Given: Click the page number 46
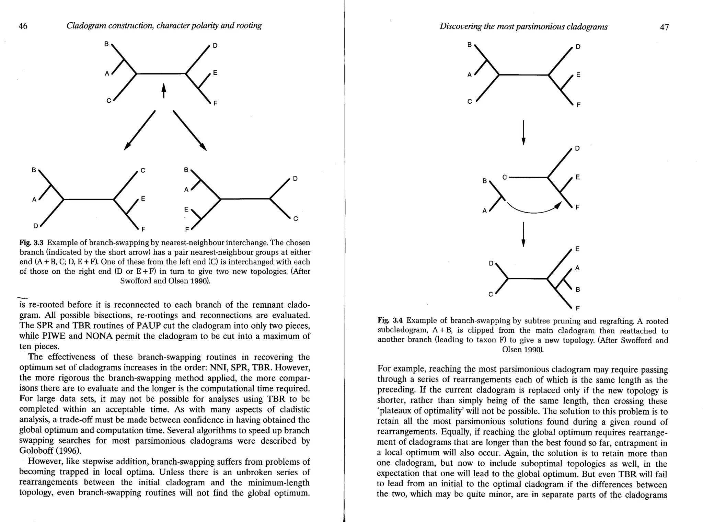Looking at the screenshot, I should pyautogui.click(x=23, y=26).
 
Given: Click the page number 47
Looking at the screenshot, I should pyautogui.click(x=664, y=27).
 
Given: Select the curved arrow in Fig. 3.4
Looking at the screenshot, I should pyautogui.click(x=532, y=209).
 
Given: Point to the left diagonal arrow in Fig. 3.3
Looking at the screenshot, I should pyautogui.click(x=139, y=130).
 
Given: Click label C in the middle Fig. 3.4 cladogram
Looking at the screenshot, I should pyautogui.click(x=504, y=177).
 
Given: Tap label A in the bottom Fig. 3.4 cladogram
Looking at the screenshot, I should pyautogui.click(x=577, y=268).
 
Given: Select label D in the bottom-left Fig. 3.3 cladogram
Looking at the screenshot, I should pyautogui.click(x=35, y=226).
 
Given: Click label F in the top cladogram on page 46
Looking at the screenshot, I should pyautogui.click(x=215, y=103).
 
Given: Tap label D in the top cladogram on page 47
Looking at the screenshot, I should pyautogui.click(x=578, y=47).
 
